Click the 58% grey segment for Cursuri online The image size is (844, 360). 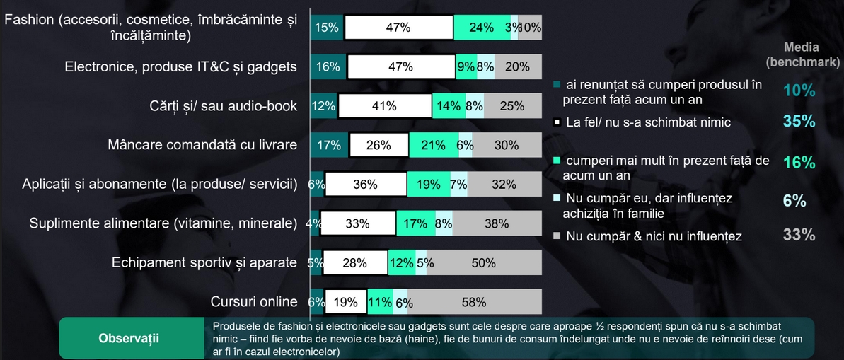pos(474,302)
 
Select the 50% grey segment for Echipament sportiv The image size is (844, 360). pos(484,263)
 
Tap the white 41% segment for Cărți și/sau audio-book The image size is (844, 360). pos(384,106)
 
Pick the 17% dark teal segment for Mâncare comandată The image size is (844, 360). pos(329,145)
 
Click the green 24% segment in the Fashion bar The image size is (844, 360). pos(482,28)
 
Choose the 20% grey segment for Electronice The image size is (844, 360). pos(518,67)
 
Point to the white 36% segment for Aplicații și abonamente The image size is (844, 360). pos(365,185)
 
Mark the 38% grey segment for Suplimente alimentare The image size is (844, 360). pos(497,223)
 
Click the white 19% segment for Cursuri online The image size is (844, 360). pos(345,302)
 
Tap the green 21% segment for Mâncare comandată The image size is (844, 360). pos(433,145)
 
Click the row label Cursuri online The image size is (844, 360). pos(254,302)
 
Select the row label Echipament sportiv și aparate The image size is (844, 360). pos(204,263)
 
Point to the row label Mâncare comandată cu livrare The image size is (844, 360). pos(202,145)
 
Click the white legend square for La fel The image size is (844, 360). pos(557,122)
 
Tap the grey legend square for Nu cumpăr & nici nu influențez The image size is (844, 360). pos(557,236)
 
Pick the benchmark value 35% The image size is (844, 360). pos(799,121)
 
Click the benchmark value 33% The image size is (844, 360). pos(799,235)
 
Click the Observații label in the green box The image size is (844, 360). pos(128,338)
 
